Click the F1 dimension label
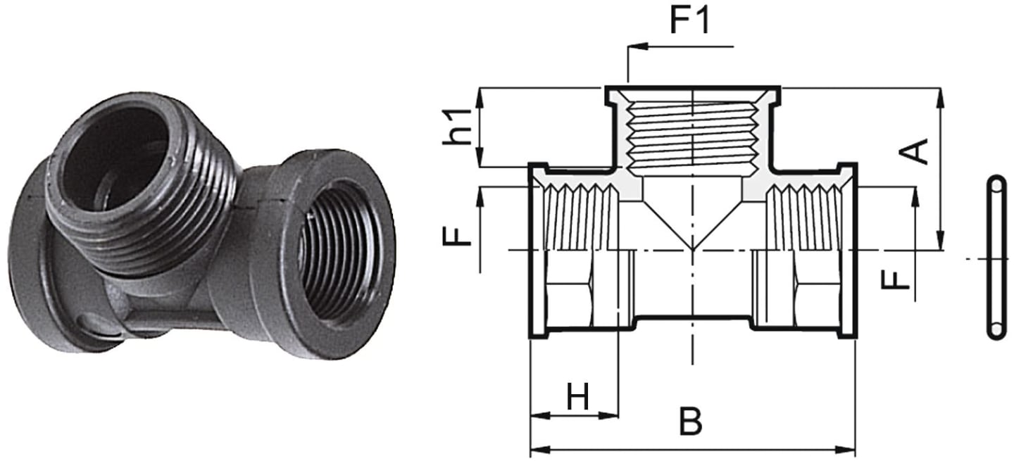click(689, 21)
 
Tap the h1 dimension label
click(456, 127)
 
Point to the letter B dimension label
click(690, 421)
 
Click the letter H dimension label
click(577, 396)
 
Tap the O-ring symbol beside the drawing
click(996, 258)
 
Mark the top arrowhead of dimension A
click(941, 98)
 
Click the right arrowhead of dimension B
click(845, 450)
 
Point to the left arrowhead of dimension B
click(541, 450)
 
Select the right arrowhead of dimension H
click(608, 415)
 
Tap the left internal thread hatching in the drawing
click(581, 217)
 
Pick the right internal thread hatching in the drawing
click(804, 217)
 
